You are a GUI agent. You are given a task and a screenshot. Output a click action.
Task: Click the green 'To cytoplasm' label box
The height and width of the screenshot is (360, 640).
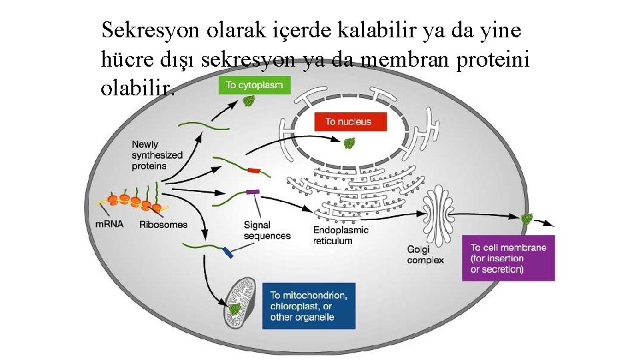(x=254, y=85)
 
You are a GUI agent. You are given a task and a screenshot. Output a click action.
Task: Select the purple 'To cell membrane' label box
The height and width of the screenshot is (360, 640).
(x=508, y=258)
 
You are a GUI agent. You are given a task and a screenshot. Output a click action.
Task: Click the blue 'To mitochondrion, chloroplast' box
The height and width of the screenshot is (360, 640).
(x=308, y=305)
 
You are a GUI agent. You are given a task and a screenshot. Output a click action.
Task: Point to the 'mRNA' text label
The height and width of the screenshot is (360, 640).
(x=109, y=224)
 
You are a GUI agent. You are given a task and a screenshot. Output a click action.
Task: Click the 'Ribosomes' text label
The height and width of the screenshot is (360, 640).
(x=163, y=225)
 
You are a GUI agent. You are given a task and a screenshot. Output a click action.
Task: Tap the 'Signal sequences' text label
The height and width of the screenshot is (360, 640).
(x=267, y=230)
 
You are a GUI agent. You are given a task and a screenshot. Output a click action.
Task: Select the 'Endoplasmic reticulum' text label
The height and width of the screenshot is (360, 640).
(x=340, y=235)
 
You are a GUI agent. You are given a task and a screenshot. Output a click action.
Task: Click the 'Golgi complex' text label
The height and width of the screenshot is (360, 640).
(x=425, y=254)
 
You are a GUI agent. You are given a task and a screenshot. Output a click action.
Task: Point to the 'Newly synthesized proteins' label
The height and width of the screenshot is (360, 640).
(x=157, y=155)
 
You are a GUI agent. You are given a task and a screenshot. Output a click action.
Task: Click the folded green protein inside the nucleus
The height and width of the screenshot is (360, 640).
(x=349, y=143)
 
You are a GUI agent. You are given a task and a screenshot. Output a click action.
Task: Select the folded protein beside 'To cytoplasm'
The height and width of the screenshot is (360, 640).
(x=247, y=101)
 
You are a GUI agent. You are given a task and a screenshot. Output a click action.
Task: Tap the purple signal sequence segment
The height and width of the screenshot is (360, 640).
(x=252, y=192)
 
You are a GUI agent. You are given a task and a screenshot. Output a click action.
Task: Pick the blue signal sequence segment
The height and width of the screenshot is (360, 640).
(x=227, y=252)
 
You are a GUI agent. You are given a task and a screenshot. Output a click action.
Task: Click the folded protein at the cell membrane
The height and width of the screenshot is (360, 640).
(x=527, y=219)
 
